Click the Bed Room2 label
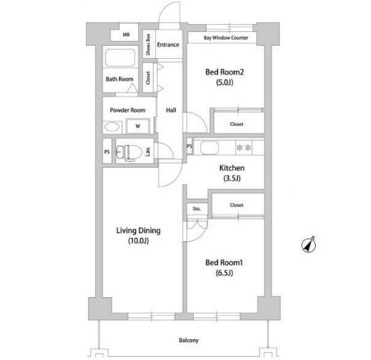pos(225,72)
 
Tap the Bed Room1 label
pos(225,263)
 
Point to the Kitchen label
pos(232,168)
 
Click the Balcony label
pos(187,341)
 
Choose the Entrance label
pos(168,44)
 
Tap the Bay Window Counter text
pos(226,37)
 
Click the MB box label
pos(124,35)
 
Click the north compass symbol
pos(308,246)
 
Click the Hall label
pos(170,110)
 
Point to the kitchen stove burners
pos(244,146)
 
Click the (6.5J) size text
pos(225,274)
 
